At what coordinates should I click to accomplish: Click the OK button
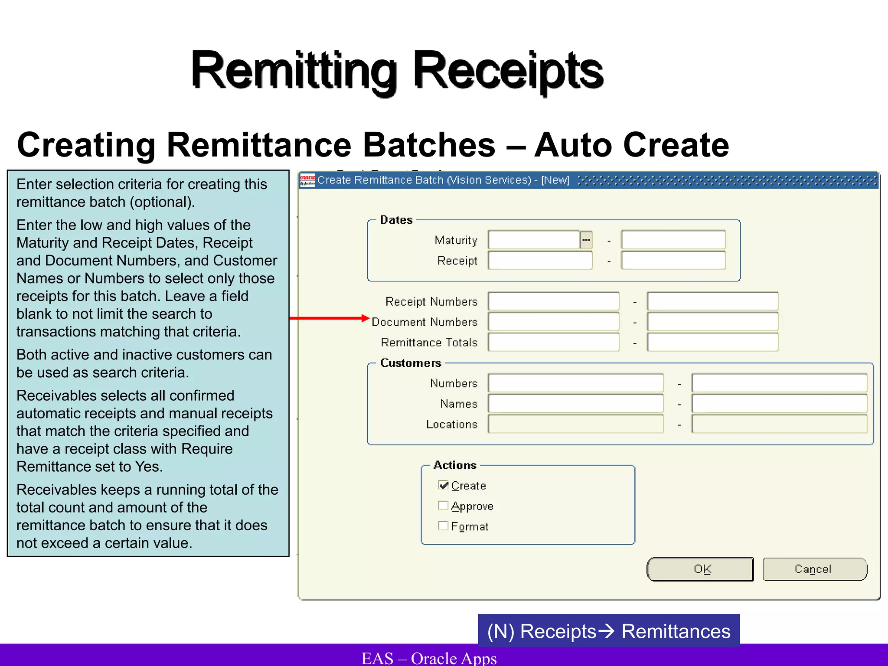click(x=700, y=569)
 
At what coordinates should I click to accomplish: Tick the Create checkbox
click(x=443, y=485)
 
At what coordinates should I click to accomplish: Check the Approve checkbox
click(x=443, y=506)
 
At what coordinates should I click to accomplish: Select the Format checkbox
click(x=443, y=526)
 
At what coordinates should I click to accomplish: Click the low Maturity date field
click(x=533, y=240)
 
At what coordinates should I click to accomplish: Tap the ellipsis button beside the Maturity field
click(x=586, y=240)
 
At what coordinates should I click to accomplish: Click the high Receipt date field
click(x=673, y=261)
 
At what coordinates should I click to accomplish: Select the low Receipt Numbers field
click(x=553, y=301)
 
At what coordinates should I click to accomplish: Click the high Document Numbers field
click(x=712, y=322)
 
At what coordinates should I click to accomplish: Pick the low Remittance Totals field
click(x=553, y=342)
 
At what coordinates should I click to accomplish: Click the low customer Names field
click(x=575, y=404)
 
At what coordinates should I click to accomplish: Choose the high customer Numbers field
click(x=779, y=383)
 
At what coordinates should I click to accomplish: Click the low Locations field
click(x=575, y=424)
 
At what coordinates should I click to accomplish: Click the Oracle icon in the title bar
click(x=307, y=180)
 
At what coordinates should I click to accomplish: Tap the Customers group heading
click(x=411, y=363)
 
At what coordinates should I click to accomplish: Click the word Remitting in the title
click(x=294, y=71)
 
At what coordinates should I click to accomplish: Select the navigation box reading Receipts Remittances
click(x=608, y=631)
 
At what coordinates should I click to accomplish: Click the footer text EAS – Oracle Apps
click(x=429, y=658)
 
